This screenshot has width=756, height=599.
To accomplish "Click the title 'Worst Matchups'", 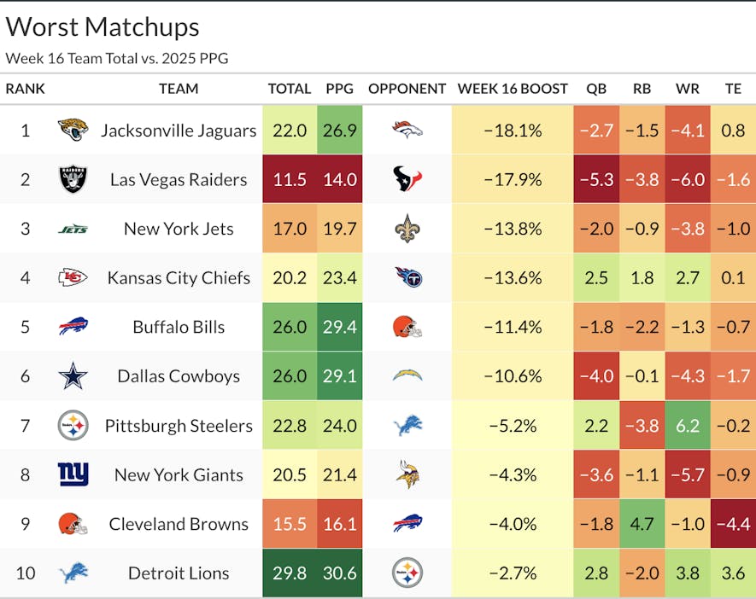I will point(103,27).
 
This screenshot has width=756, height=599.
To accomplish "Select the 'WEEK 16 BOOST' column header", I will point(513,89).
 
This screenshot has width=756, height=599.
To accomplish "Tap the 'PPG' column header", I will point(339,89).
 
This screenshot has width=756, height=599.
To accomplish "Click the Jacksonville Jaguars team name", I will point(178,131).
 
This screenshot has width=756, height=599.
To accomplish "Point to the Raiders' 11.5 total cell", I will point(289,179).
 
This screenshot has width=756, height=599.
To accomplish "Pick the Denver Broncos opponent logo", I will point(407,130).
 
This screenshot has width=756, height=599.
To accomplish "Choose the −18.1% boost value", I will point(513,131).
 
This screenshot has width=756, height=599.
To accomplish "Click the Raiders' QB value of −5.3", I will point(595,179).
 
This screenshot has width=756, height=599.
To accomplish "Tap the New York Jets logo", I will point(73,229).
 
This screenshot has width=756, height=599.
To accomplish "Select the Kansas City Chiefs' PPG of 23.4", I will point(339,277).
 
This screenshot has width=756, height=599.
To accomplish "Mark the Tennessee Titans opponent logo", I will point(407,277).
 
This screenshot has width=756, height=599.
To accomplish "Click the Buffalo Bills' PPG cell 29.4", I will point(339,327).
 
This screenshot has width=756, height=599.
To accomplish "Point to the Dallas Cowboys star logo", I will point(73,375).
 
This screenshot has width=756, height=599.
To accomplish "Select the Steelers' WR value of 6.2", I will point(687,425).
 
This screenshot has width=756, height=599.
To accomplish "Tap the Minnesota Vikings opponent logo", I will point(407,474).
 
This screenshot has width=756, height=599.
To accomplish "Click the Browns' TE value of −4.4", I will point(733,524).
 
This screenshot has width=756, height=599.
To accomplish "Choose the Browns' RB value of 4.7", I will point(642,524).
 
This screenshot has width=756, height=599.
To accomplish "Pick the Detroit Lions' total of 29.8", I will point(289,573).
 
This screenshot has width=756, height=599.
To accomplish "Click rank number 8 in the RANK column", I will point(25,474).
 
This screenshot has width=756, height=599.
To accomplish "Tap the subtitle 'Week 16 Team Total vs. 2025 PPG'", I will point(117,58).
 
